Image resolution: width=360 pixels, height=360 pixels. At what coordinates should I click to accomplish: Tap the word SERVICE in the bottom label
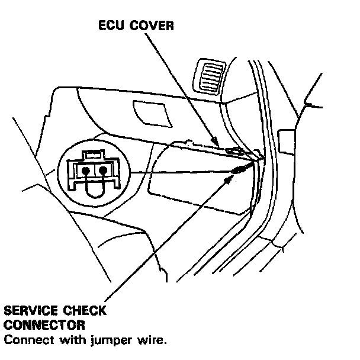pyautogui.click(x=31, y=311)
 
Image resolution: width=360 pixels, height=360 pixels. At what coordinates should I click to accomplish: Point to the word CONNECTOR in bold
pyautogui.click(x=43, y=325)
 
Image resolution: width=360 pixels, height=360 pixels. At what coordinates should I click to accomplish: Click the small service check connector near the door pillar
pyautogui.click(x=238, y=171)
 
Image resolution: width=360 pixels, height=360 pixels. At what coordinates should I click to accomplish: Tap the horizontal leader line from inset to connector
pyautogui.click(x=178, y=172)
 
